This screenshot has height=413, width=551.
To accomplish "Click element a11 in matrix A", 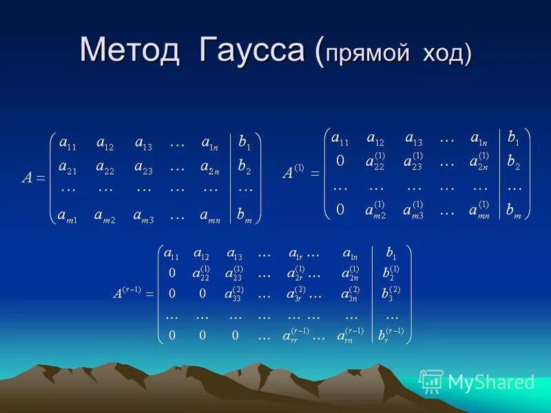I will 67,145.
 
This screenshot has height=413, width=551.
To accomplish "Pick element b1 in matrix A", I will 245,145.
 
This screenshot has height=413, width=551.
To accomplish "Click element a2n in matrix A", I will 211,167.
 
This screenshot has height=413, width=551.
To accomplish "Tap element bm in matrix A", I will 245,216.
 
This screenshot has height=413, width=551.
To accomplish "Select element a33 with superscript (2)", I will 234,294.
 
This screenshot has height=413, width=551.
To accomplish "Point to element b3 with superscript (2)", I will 391,294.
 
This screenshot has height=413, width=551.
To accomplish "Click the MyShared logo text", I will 491,382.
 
